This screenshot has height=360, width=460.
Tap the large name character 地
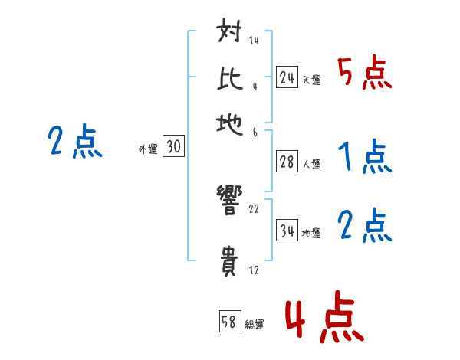(231, 123)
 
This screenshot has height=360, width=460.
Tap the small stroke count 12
(254, 270)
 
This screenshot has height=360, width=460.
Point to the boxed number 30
(173, 148)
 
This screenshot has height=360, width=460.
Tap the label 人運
(311, 164)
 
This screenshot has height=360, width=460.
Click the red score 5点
(364, 74)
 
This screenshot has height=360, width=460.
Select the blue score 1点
(364, 158)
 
